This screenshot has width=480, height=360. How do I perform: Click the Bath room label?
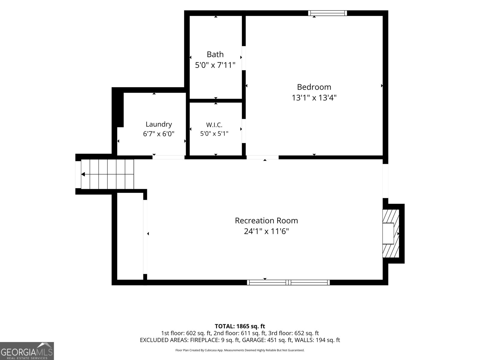pos(215,54)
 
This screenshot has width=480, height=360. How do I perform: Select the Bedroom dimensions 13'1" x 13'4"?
pos(314,98)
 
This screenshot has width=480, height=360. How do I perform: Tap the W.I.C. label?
pos(214,125)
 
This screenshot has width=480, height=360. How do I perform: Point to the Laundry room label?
pos(159,124)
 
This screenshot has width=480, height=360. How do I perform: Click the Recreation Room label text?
pos(266,220)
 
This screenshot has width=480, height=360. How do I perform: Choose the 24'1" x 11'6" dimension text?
pos(266,231)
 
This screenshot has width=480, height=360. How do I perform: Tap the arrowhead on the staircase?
pos(83,174)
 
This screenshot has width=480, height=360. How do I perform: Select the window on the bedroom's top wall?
pos(327,13)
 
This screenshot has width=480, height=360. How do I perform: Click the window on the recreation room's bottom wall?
pos(288,282)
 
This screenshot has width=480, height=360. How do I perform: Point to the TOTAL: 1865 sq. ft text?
pos(240,326)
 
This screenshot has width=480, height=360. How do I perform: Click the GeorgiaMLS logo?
pos(27,351)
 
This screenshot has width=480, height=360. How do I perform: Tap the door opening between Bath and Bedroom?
pos(244,58)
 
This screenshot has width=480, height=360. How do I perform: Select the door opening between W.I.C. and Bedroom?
pos(244,131)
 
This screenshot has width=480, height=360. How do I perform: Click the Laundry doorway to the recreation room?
pos(168,157)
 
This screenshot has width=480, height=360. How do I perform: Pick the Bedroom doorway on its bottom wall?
pos(262,157)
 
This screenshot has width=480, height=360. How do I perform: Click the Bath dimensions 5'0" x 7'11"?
pos(215,65)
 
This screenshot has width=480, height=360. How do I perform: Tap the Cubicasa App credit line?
pos(240,350)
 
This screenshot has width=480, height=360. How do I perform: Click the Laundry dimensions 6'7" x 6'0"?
pos(159,134)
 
